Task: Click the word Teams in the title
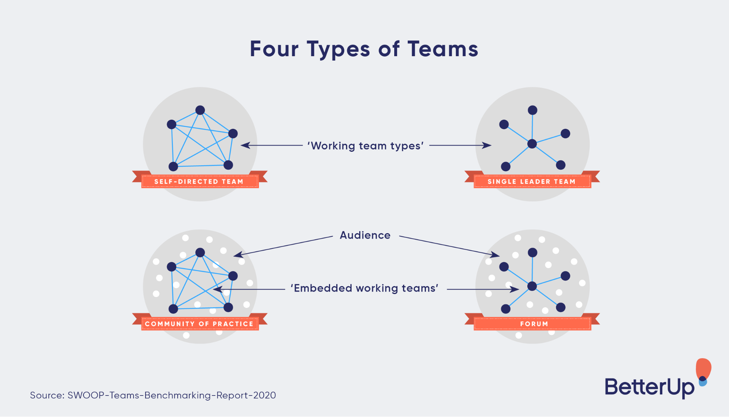tap(443, 49)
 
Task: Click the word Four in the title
tap(274, 49)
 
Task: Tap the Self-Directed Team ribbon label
tap(199, 181)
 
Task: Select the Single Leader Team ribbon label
tap(532, 181)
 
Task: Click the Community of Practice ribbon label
tap(199, 324)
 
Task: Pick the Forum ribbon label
tap(534, 324)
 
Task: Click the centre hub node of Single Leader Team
tap(532, 144)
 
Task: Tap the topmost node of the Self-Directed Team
tap(200, 110)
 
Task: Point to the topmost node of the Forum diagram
tap(532, 252)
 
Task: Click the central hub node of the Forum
tap(532, 286)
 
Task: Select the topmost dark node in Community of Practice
tap(200, 252)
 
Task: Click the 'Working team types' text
tap(365, 146)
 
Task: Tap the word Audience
tap(365, 235)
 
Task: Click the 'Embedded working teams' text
tap(364, 288)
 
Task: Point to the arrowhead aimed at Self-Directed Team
tap(245, 145)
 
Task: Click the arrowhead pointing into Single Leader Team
tap(487, 145)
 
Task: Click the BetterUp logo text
tap(649, 387)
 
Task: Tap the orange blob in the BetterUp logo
tap(703, 368)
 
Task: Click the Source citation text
tap(153, 395)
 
